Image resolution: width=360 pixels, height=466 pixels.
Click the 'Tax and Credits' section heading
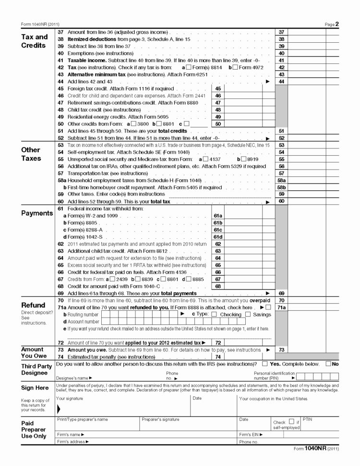pos(35,41)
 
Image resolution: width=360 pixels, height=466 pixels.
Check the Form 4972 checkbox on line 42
pos(235,68)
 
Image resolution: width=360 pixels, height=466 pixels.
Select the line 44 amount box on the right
pos(312,82)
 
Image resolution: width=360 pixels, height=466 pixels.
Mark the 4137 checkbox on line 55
pos(205,159)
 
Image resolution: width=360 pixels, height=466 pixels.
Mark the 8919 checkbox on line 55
pos(244,159)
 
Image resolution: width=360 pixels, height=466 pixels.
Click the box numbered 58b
pos(282,187)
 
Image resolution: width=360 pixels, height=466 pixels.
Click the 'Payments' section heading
pos(37,213)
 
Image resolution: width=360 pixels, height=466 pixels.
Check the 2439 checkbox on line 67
pos(112,279)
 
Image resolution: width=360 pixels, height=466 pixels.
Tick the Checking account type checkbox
pos(214,315)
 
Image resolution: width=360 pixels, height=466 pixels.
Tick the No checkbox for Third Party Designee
pos(328,364)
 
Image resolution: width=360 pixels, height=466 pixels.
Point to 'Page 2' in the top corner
pos(332,24)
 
